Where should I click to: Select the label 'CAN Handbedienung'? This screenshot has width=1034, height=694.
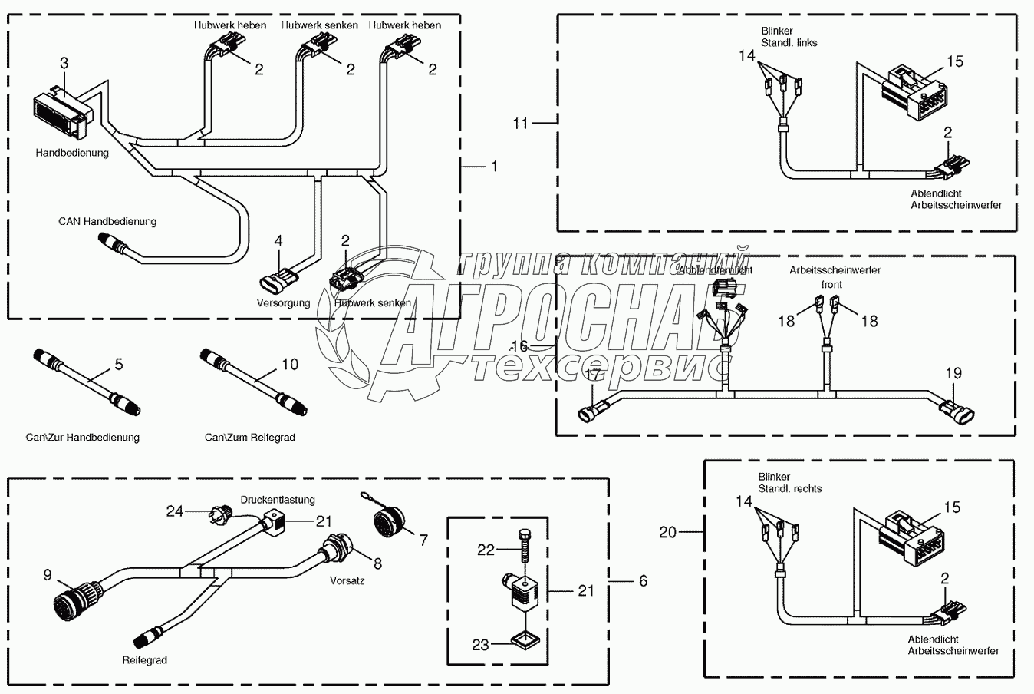click(107, 222)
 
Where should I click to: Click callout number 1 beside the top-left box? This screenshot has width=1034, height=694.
click(495, 166)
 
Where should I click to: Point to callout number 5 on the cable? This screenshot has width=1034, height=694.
click(118, 364)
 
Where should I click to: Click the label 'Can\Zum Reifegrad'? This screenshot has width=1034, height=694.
click(250, 438)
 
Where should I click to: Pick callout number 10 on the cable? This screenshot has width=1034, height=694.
click(290, 364)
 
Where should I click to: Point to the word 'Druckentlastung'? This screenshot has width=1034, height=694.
click(278, 500)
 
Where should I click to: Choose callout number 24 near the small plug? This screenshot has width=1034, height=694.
click(176, 510)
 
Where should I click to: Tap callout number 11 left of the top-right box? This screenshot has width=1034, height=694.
click(522, 122)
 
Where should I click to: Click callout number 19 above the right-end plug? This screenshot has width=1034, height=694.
click(953, 374)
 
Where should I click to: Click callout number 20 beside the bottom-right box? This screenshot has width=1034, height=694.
click(668, 531)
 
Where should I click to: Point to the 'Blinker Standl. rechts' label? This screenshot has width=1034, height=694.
click(790, 483)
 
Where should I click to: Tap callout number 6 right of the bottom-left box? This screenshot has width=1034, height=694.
click(643, 581)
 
